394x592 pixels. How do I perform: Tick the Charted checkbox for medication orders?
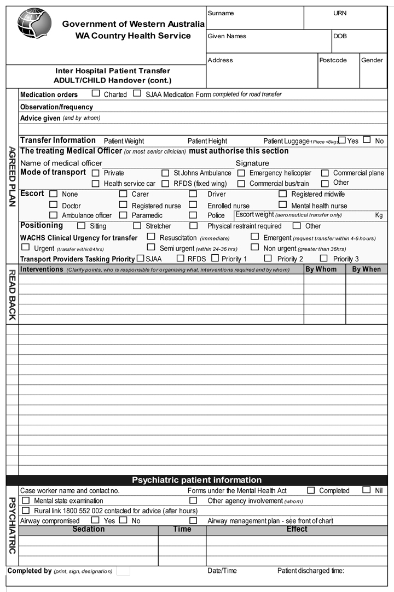96,93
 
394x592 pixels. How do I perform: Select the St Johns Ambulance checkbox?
165,173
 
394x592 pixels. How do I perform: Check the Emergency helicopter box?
241,173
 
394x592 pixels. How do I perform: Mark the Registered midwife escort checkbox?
282,194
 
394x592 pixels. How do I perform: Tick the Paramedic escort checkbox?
123,215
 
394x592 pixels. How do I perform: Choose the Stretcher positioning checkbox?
137,225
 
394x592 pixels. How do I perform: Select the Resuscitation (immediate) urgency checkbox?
151,237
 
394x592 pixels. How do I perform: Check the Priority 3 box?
324,258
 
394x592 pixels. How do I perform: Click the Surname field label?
221,13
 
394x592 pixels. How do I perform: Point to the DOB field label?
340,36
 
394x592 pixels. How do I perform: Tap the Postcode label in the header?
333,60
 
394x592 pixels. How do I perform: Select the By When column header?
366,269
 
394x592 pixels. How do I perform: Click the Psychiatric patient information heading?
197,480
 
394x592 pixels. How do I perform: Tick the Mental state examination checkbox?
26,500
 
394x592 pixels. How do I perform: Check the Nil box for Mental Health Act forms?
366,490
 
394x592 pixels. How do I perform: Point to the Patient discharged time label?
311,571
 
